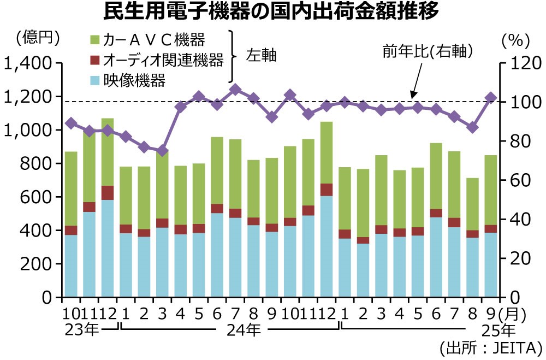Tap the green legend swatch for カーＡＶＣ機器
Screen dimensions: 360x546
pos(94,39)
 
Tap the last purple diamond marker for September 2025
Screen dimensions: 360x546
pos(491,98)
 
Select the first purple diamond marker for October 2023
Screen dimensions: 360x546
pos(71,123)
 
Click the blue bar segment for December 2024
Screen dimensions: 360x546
pos(327,246)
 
